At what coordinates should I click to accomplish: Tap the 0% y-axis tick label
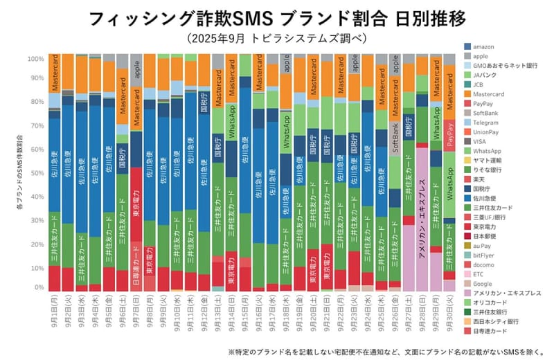[39, 288]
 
